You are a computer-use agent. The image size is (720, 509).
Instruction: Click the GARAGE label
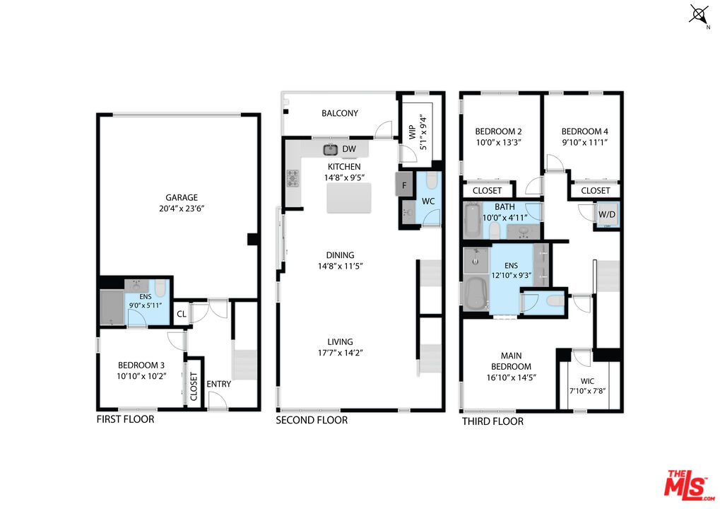coord(182,197)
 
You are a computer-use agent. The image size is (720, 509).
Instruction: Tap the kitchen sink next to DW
coord(331,149)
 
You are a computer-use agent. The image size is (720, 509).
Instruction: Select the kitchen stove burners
coord(293,178)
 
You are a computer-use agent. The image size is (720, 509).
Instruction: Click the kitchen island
coord(349,198)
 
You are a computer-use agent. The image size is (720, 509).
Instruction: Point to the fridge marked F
coord(404,185)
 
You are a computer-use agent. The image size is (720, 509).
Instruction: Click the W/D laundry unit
coord(606,214)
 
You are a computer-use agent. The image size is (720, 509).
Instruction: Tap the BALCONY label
coord(340,113)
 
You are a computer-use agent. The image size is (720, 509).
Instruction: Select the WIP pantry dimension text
coord(423,132)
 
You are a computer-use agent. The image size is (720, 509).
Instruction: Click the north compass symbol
coord(699,15)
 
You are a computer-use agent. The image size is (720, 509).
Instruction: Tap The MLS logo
coord(690,485)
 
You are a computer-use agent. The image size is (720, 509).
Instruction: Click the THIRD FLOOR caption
coord(492,421)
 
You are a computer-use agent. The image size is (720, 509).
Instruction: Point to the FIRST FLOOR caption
coord(125,419)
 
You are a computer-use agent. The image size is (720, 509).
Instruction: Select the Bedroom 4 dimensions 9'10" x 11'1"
coord(584,142)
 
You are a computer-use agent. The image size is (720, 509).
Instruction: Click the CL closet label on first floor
coord(182,314)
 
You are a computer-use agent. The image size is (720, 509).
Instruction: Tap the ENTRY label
coord(218,384)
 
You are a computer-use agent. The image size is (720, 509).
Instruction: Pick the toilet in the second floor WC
coord(432,180)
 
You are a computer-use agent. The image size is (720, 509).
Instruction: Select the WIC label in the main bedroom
coord(587,381)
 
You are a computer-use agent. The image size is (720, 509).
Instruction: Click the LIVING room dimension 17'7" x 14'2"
coord(341,353)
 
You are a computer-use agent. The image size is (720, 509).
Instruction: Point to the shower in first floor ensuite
coord(113,307)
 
